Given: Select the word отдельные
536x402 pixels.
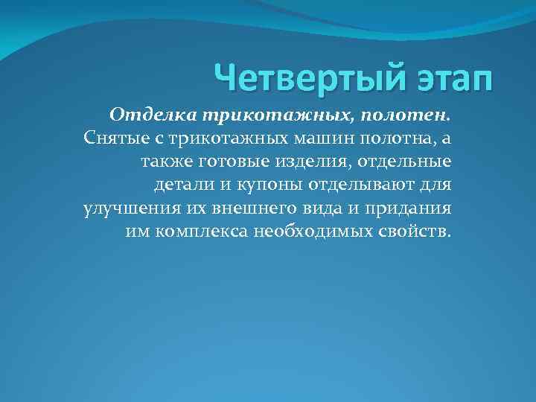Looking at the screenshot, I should click(x=399, y=162).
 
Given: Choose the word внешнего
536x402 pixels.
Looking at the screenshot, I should click(x=258, y=208).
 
